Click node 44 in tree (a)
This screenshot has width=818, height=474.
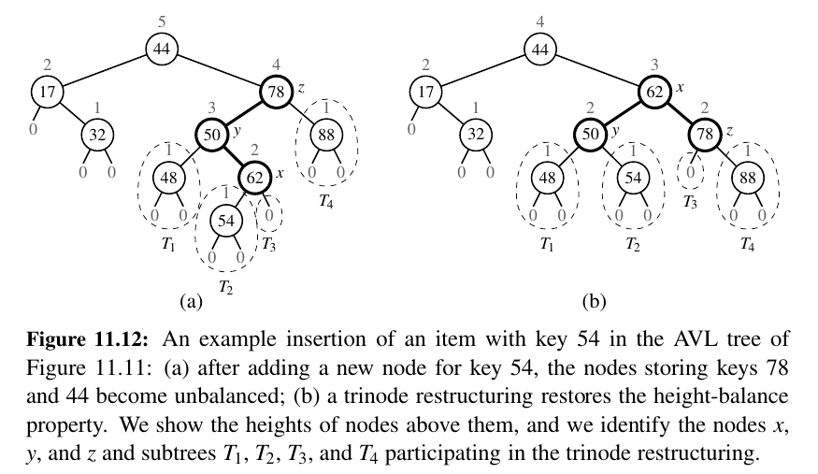(x=161, y=50)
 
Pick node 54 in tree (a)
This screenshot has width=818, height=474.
(x=225, y=222)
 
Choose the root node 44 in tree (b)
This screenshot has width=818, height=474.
(x=539, y=50)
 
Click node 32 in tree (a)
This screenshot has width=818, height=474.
(x=96, y=135)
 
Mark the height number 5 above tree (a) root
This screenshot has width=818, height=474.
(x=161, y=19)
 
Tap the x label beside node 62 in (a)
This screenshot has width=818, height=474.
(x=280, y=174)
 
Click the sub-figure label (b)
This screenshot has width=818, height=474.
(x=595, y=301)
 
